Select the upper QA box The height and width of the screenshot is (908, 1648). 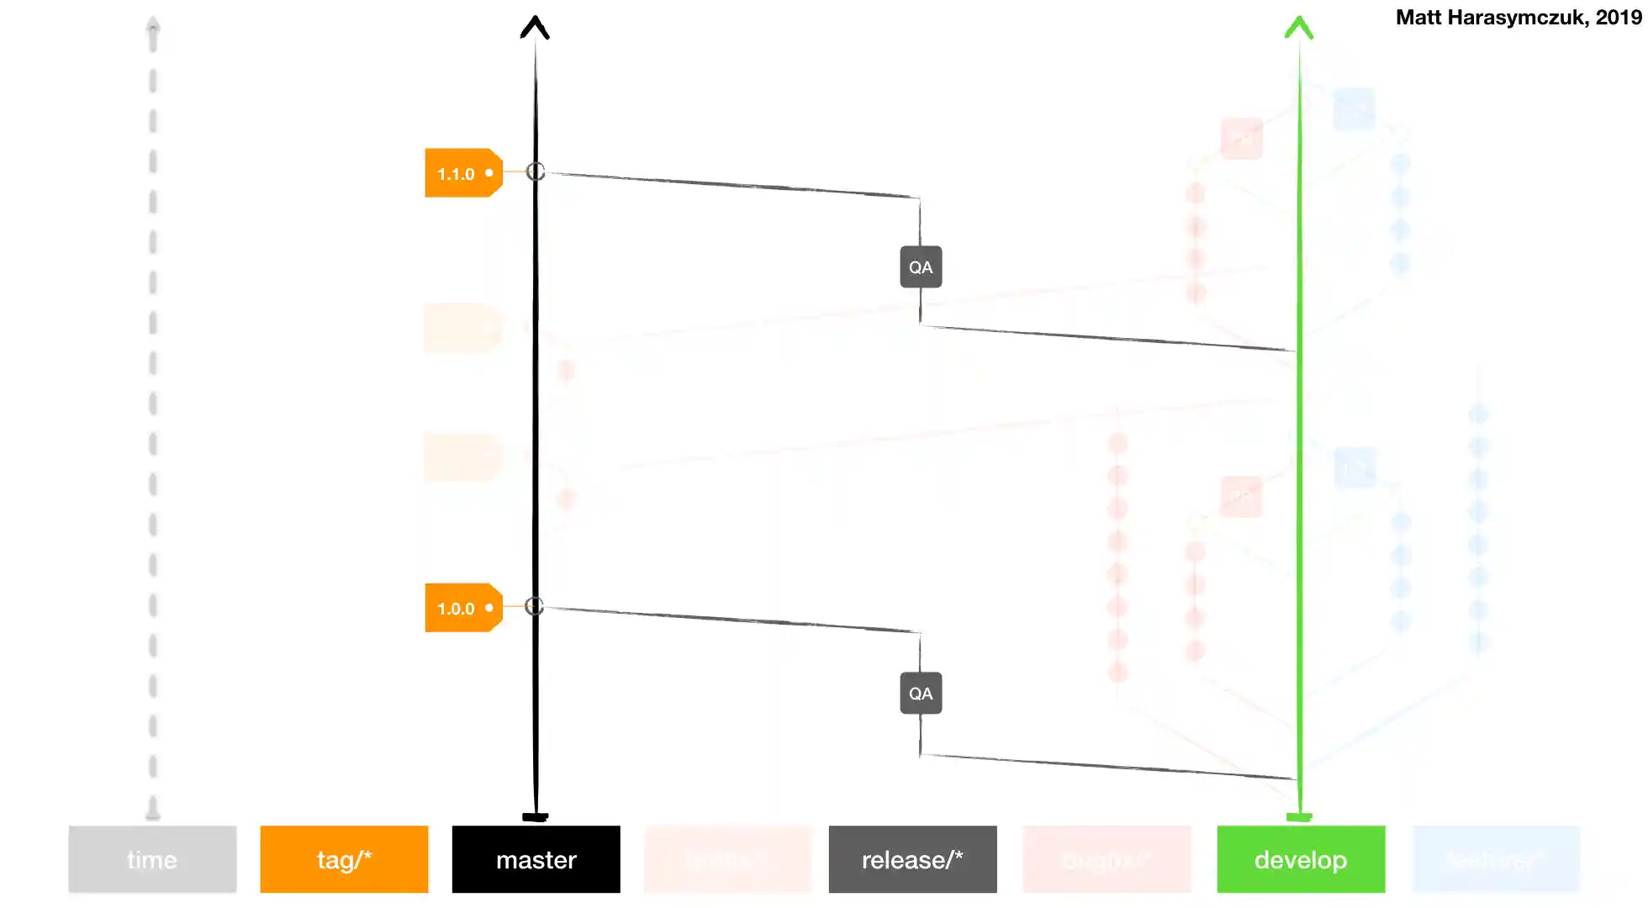coord(921,267)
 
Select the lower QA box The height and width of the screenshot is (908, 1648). coord(921,694)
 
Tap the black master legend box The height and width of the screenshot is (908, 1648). coord(536,859)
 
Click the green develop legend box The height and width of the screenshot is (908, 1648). coord(1301,859)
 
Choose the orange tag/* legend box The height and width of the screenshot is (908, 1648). coord(344,859)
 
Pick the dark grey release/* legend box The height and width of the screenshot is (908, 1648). coord(912,859)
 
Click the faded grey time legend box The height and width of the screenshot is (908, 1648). coord(152,859)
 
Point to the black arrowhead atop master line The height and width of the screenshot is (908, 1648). coord(535,27)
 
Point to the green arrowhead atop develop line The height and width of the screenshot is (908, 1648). coord(1299,27)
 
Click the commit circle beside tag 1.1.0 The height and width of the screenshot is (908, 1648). coord(536,172)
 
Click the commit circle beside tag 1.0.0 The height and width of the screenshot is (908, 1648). coord(535,606)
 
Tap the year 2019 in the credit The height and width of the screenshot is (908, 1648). coord(1619,18)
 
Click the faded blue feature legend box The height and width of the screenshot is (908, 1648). coord(1496,859)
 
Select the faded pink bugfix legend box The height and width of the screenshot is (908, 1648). coord(1106,859)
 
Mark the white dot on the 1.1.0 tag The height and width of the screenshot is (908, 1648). coord(489,173)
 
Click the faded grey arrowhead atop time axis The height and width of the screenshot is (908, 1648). coord(152,25)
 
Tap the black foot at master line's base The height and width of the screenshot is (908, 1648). coord(536,816)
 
